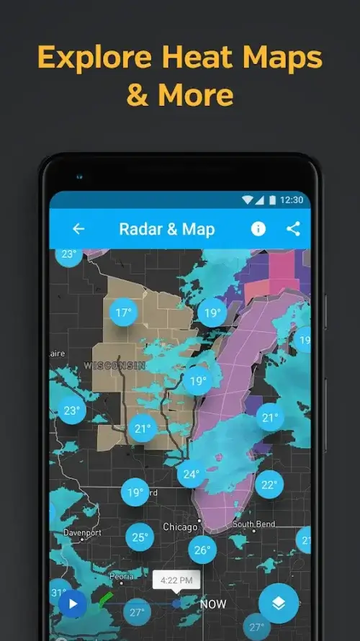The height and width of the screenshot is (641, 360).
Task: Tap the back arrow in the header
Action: coord(78,229)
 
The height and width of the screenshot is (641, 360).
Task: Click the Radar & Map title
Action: coord(167,229)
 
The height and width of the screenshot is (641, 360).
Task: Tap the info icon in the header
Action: coord(258,229)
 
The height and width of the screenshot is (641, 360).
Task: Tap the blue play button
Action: coord(72,603)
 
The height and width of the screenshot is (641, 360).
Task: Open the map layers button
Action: coord(279,603)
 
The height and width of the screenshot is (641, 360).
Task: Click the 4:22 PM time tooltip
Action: coord(176,578)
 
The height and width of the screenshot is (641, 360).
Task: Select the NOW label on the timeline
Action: coord(213,604)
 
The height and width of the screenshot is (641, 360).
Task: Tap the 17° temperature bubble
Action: coord(124,313)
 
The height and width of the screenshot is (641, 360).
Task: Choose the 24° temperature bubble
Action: coord(191,474)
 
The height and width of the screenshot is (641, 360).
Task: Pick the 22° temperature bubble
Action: coord(269,485)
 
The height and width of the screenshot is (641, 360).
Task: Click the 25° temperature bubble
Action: coord(140,537)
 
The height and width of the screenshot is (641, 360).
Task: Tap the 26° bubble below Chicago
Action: coord(202,550)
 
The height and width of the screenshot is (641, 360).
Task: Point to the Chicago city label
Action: coord(180,527)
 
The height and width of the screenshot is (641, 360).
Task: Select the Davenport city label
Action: coord(82,533)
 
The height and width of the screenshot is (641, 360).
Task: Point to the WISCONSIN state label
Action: coord(114,366)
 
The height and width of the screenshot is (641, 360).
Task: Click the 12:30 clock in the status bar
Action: coord(291,200)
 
